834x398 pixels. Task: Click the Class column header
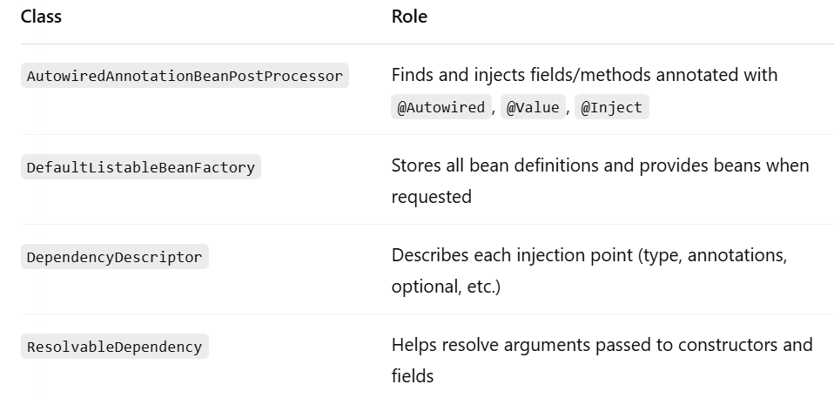(41, 17)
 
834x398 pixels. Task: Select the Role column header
(409, 17)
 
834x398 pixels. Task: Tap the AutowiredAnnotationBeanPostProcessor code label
(185, 76)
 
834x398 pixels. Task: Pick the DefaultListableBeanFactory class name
(141, 167)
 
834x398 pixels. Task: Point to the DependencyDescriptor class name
(114, 257)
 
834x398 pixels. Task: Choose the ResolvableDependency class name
(114, 347)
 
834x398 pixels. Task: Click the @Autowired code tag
(441, 107)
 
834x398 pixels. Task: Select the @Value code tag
(533, 107)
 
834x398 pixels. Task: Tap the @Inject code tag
(612, 107)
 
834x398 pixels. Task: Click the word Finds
(413, 75)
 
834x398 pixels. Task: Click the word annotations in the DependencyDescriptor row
(737, 255)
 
